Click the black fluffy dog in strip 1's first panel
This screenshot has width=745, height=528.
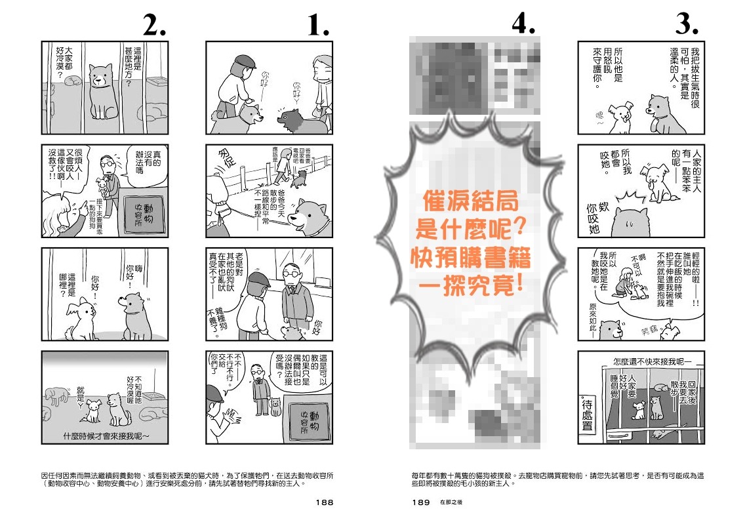pyautogui.click(x=300, y=119)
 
